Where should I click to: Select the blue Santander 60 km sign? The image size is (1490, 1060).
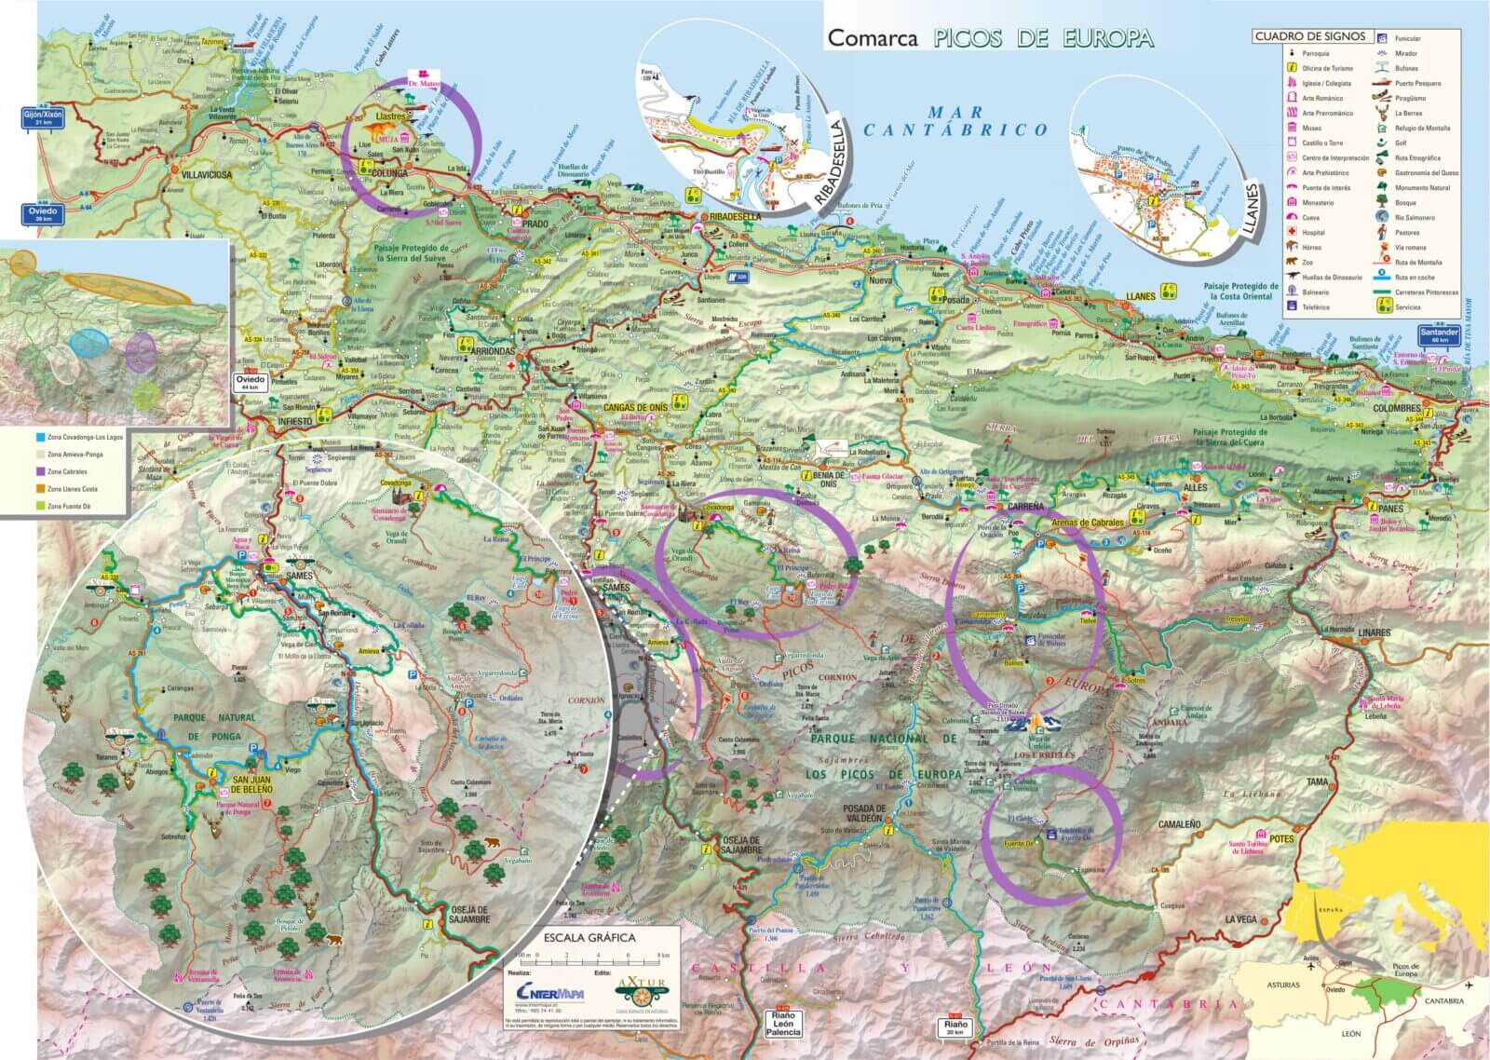click(x=1441, y=335)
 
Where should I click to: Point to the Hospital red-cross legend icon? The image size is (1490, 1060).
click(x=1294, y=233)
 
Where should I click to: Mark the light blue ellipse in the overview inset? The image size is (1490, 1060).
click(x=88, y=345)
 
